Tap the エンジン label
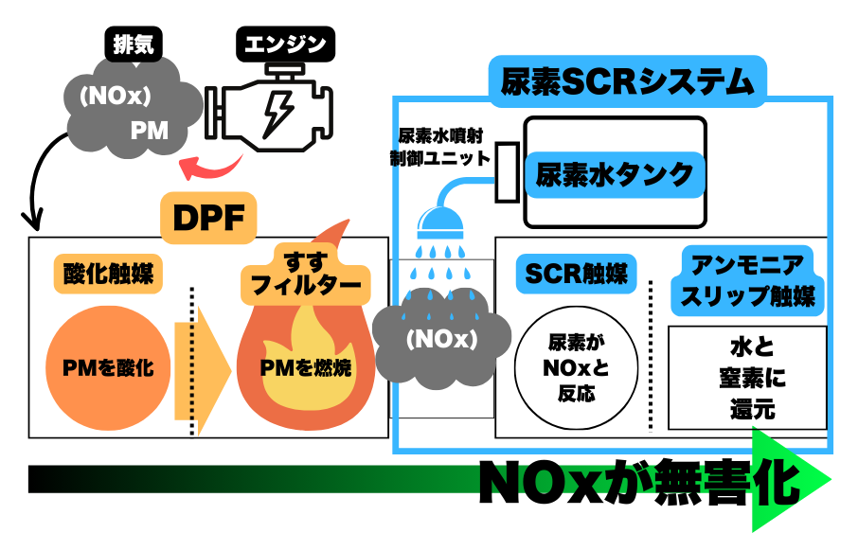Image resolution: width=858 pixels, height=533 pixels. point(286,44)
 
